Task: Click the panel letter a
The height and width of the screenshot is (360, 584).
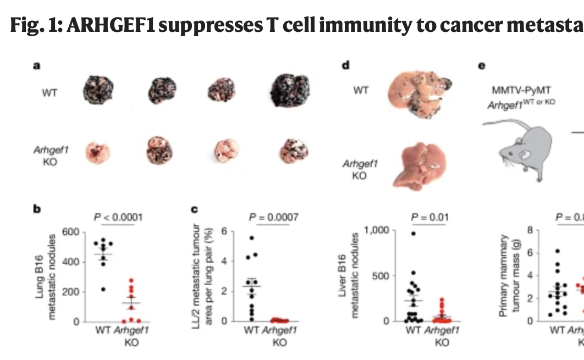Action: click(x=36, y=66)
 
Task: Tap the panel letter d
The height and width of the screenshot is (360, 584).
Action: click(x=345, y=66)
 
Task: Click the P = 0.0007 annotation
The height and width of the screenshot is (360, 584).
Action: click(x=273, y=217)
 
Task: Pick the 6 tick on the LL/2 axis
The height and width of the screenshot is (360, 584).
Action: click(x=224, y=230)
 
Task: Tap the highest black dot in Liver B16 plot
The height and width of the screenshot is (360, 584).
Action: click(x=413, y=233)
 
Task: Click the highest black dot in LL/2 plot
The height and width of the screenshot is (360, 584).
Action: click(x=252, y=237)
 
